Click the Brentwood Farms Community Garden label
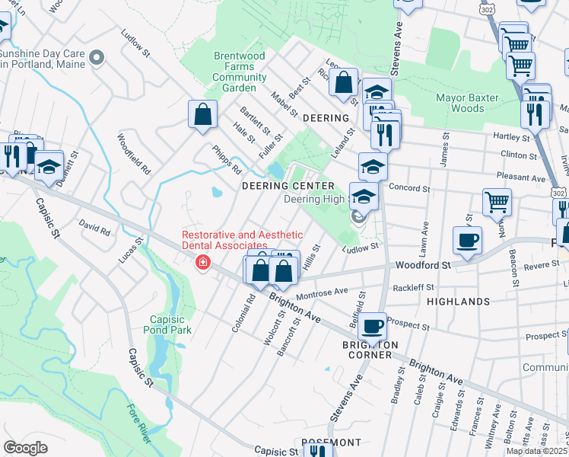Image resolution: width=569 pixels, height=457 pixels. pos(240,72)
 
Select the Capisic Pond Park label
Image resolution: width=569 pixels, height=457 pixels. pos(167,324)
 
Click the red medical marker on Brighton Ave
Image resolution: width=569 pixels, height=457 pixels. pos(202,264)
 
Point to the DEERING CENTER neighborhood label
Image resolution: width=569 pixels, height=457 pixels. pos(288,186)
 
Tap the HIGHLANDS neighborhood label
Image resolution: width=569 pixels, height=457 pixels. pos(458,302)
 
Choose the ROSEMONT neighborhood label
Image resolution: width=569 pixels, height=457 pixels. pos(331,443)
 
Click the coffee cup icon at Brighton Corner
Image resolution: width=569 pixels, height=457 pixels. pos(372,326)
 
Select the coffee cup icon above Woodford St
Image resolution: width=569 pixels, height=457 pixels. pos(467,240)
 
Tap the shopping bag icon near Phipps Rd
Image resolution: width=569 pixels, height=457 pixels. pos(203,116)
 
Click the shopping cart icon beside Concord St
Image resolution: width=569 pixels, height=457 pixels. pos(497,203)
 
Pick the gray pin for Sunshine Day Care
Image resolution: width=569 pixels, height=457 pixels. pos(97,57)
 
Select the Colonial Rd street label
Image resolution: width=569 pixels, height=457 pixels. pos(244,314)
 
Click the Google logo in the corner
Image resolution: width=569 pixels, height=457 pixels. pos(25,448)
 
